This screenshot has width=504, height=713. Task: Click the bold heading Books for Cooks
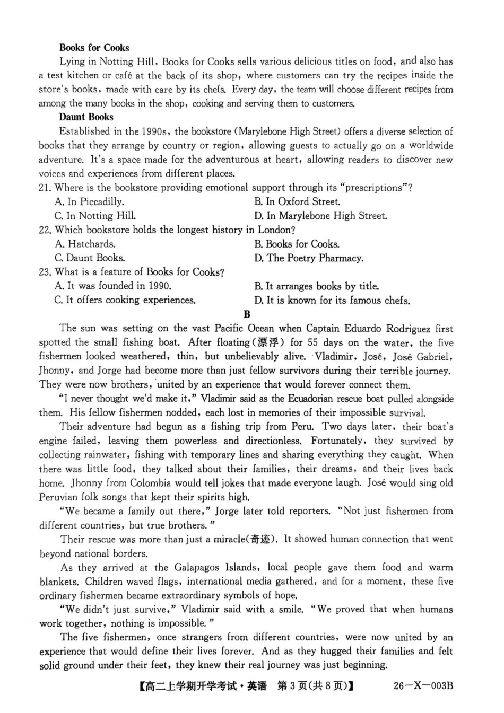tap(94, 48)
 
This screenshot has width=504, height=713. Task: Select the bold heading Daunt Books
tap(86, 117)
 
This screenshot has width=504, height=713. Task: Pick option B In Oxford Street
tap(297, 202)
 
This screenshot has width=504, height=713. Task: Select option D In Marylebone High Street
tap(320, 216)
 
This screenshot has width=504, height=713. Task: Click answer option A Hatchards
tap(85, 244)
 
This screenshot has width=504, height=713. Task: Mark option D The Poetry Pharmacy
tap(309, 258)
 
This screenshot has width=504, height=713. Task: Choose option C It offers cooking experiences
tap(125, 300)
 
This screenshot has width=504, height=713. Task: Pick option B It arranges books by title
tap(316, 286)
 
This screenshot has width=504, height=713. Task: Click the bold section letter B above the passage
tap(247, 314)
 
